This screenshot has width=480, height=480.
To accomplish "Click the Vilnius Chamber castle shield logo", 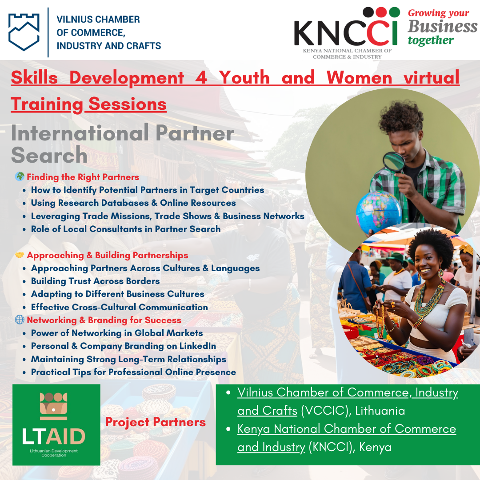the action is (24, 32).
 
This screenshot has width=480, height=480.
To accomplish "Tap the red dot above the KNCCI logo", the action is (381, 12).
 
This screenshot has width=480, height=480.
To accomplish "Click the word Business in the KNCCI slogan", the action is (442, 26).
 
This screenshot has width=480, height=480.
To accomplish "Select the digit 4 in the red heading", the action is (201, 77).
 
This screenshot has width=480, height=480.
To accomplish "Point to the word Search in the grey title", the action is (49, 155).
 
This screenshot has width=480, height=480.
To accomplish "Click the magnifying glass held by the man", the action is (394, 162).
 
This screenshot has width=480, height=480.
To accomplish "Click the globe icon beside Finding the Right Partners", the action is (20, 176).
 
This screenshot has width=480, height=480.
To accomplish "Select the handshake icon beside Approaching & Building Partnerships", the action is (20, 255).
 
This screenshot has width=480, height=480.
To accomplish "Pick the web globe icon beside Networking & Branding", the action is (20, 320).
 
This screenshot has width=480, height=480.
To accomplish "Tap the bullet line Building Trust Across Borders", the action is (95, 281).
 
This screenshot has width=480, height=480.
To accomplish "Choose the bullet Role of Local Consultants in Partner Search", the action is (125, 229).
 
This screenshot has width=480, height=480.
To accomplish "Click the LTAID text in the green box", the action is (54, 436).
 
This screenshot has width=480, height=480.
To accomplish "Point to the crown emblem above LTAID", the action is (54, 406).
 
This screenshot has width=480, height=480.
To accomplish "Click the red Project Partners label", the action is (155, 422).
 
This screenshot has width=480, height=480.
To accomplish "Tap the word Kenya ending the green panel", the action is (375, 447).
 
